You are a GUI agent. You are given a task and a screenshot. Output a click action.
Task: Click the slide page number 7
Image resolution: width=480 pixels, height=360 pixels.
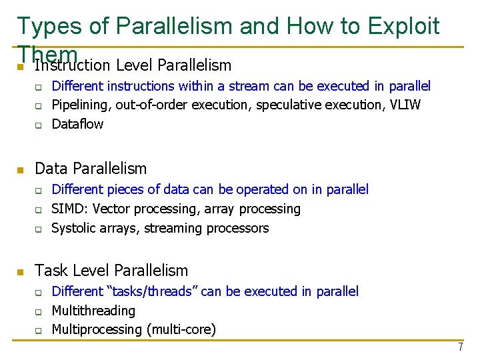459,347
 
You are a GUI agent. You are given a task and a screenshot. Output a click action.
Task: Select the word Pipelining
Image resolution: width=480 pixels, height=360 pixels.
81,105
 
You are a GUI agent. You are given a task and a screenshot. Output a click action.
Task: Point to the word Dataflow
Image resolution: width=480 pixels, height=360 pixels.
77,124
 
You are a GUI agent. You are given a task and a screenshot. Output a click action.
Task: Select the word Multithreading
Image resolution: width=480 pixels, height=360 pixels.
93,311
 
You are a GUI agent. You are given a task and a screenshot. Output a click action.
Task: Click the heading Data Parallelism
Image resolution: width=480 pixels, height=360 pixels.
91,169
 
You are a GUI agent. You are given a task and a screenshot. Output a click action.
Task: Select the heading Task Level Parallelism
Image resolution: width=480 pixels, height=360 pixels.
111,270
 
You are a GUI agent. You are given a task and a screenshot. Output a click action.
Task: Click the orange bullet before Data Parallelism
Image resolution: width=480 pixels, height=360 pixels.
21,169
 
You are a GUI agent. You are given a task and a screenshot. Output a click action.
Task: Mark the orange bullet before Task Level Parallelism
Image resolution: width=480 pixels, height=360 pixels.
21,271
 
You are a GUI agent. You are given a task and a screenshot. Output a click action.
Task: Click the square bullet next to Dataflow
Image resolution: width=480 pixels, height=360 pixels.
39,125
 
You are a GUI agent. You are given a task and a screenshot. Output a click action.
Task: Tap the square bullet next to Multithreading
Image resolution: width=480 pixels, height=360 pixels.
39,311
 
